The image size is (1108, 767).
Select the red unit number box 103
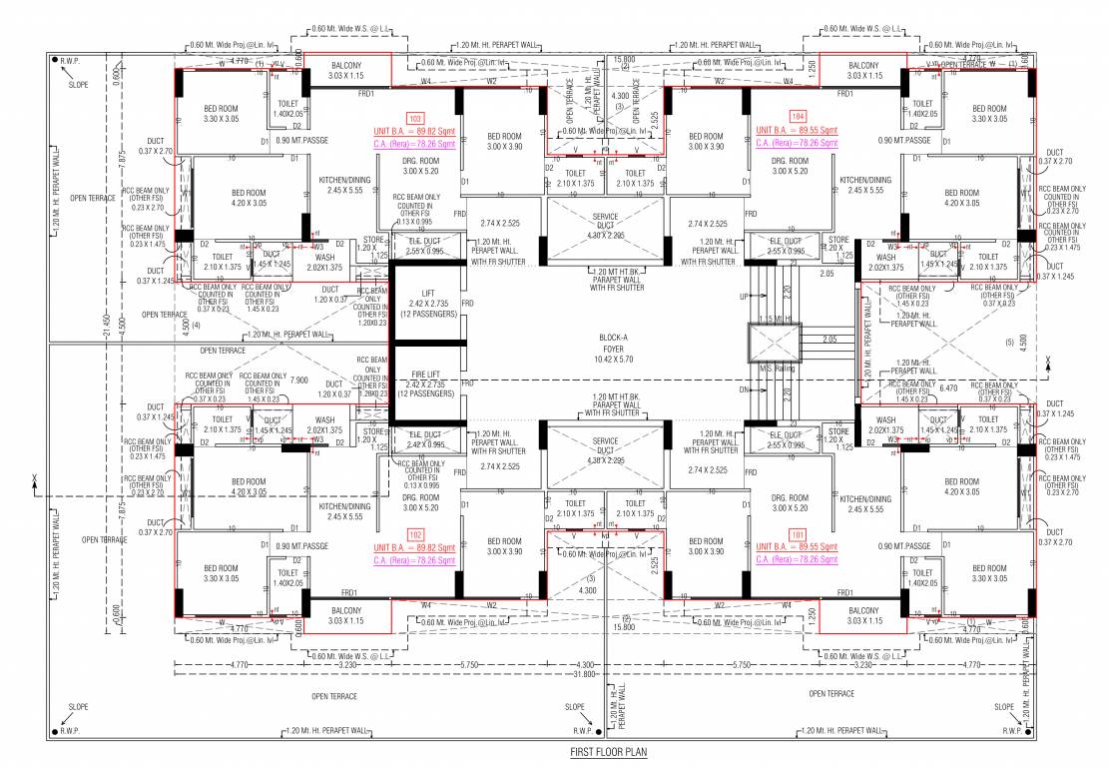(416, 117)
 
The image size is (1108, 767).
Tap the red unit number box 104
(797, 117)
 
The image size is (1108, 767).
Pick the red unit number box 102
(416, 534)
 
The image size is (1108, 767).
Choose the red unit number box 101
(797, 534)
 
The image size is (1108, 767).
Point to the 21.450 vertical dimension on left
(108, 325)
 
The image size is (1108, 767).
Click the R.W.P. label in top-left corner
(70, 62)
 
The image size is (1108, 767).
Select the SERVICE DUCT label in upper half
(605, 221)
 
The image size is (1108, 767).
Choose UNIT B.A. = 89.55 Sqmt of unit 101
(797, 547)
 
